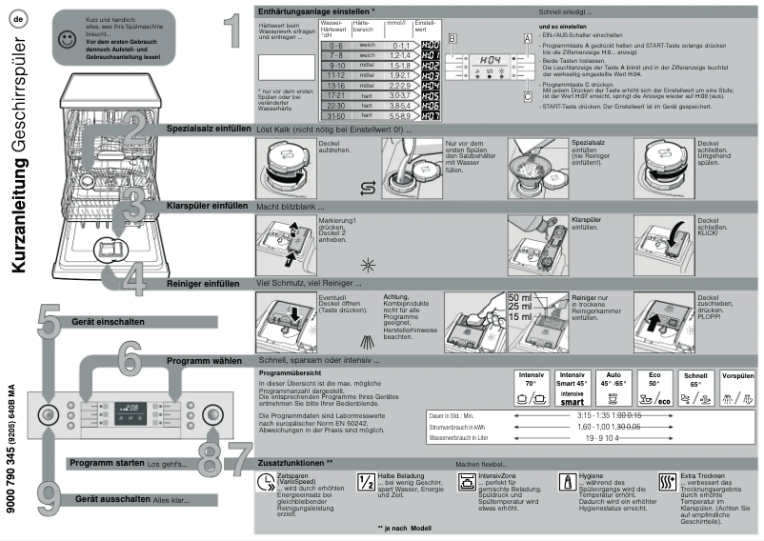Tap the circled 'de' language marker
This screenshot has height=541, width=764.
pyautogui.click(x=17, y=18)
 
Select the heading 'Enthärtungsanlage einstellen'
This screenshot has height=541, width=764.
pyautogui.click(x=316, y=10)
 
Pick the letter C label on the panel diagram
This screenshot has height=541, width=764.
pyautogui.click(x=526, y=94)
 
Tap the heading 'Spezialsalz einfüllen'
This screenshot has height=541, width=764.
pyautogui.click(x=208, y=127)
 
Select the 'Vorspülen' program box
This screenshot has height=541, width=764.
pyautogui.click(x=738, y=389)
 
